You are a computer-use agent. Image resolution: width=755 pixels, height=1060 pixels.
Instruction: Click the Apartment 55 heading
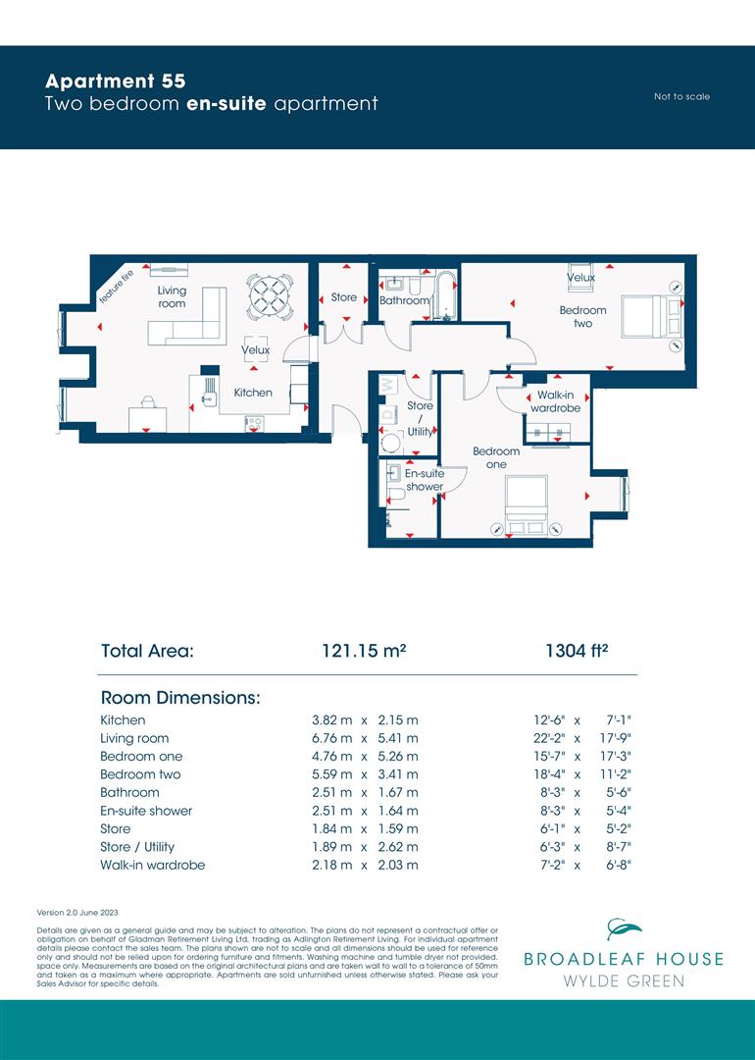click(115, 81)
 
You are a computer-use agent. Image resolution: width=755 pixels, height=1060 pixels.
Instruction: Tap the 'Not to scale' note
click(681, 96)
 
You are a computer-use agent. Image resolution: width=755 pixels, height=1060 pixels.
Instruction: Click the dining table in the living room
click(270, 296)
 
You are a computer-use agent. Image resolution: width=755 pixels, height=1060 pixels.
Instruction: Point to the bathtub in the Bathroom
click(445, 294)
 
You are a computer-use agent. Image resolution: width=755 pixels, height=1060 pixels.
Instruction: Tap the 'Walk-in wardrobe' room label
click(555, 401)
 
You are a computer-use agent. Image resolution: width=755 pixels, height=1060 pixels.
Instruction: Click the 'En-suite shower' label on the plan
click(425, 480)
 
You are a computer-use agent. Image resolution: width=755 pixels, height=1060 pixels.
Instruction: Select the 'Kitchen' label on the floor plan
click(253, 393)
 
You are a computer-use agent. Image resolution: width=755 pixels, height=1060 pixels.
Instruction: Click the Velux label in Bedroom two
click(580, 277)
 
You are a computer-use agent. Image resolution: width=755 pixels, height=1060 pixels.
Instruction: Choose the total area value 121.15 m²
click(364, 651)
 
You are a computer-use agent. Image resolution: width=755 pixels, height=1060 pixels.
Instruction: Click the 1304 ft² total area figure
click(577, 651)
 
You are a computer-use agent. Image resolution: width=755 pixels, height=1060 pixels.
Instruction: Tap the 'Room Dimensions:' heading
click(180, 698)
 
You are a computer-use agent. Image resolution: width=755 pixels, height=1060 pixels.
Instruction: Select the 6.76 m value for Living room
click(332, 738)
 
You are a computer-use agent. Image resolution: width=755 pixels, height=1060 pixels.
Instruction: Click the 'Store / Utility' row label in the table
click(137, 847)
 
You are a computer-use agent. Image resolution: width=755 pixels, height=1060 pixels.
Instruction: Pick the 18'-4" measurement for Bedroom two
click(550, 774)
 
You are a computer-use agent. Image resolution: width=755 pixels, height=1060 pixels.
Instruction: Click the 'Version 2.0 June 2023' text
click(77, 913)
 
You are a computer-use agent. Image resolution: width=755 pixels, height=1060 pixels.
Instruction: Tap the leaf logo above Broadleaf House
click(624, 928)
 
